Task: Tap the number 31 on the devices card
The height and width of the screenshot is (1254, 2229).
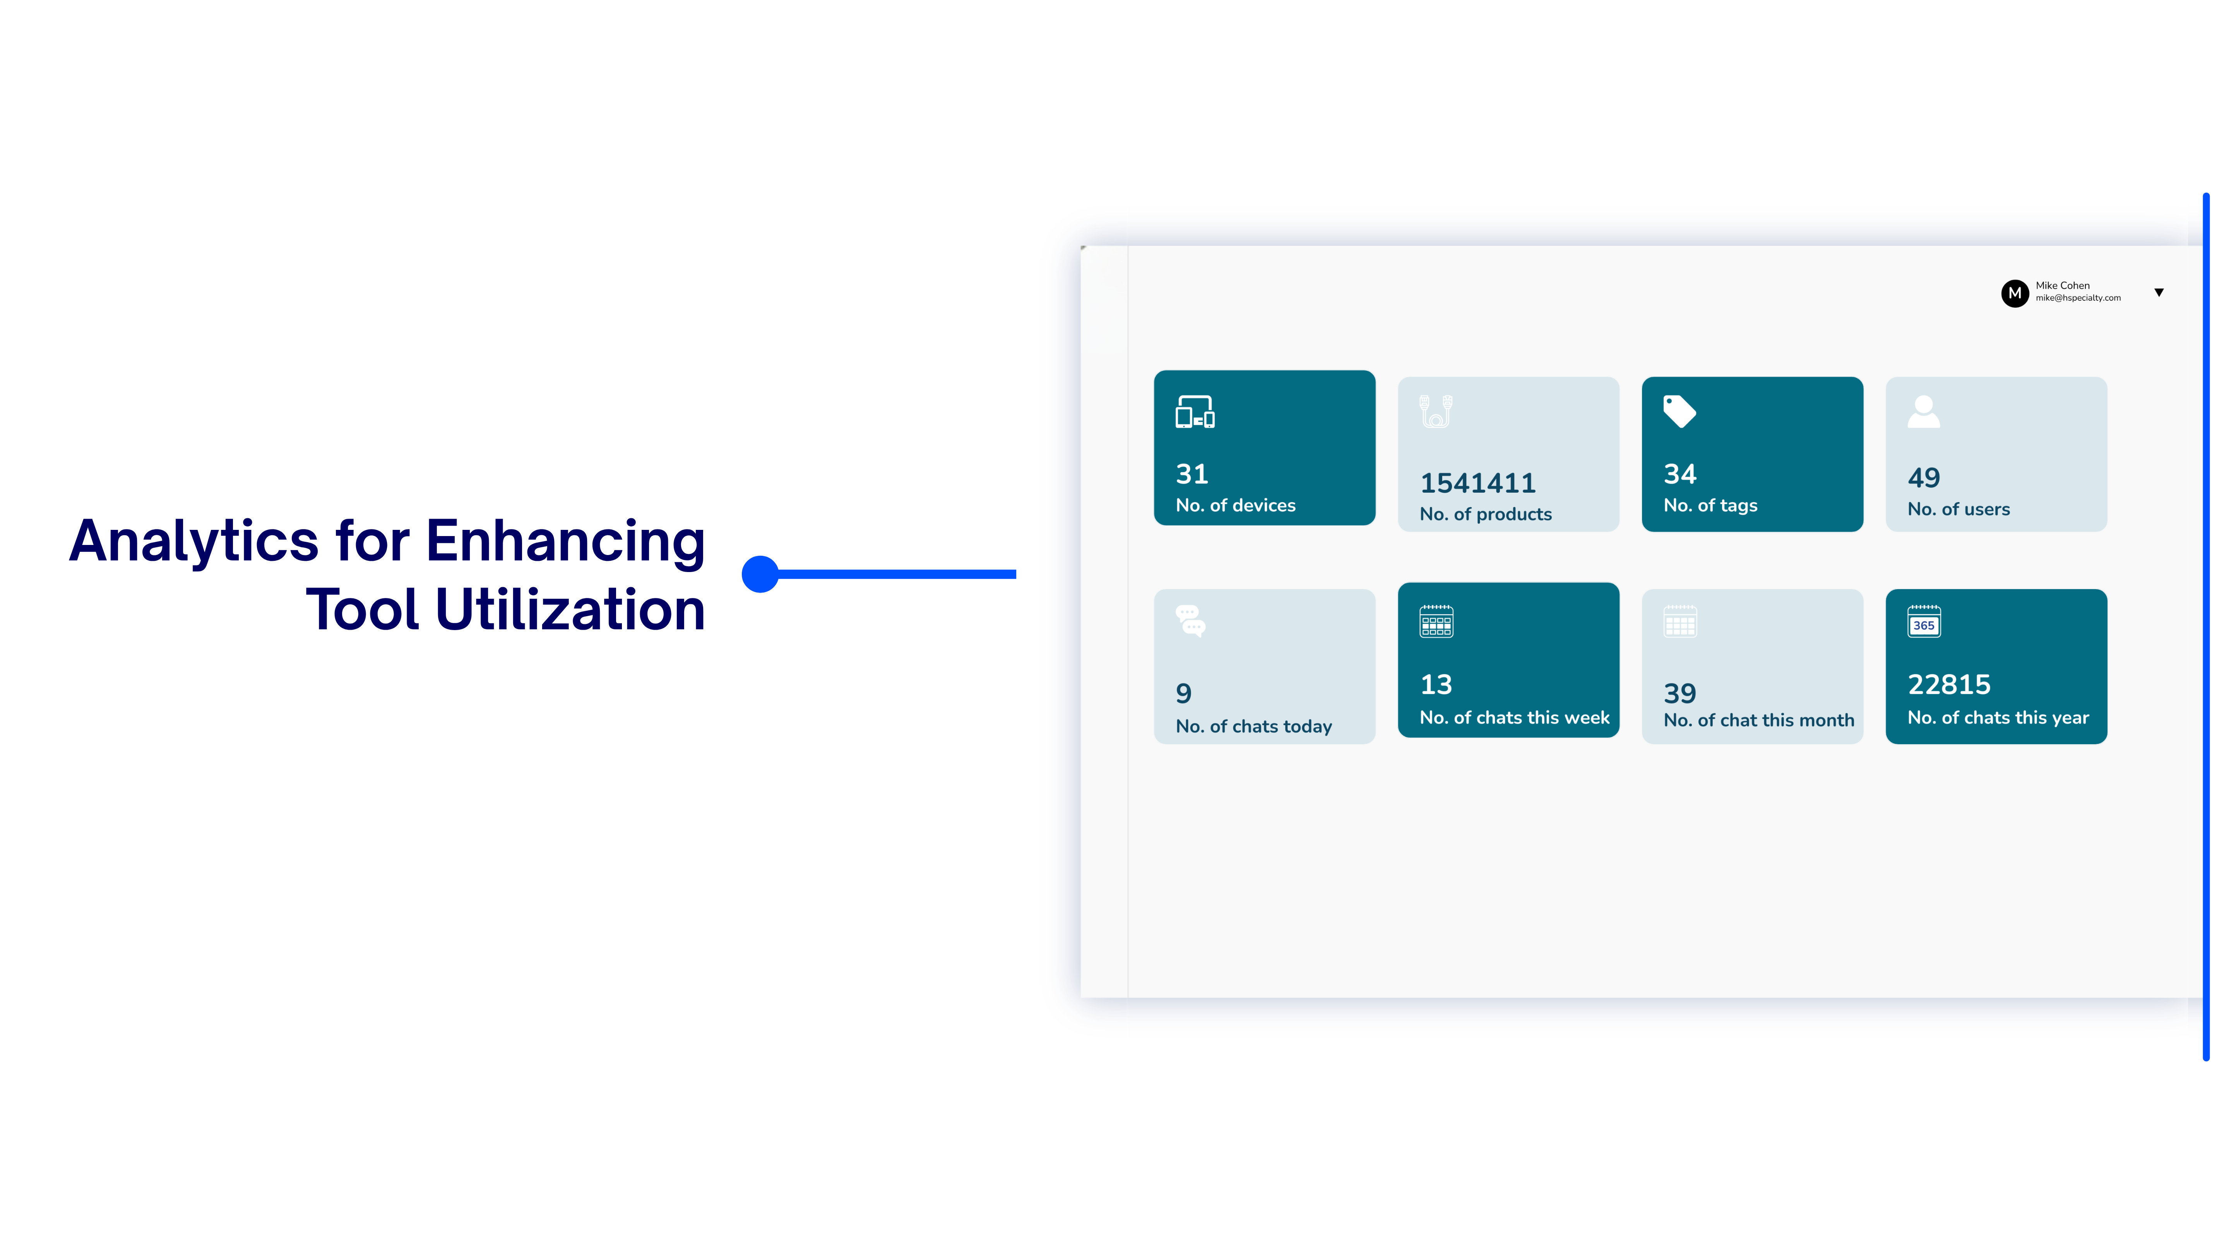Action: pyautogui.click(x=1192, y=474)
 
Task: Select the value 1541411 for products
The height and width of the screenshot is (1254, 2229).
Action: pyautogui.click(x=1477, y=483)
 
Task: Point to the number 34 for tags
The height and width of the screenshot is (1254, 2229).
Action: pyautogui.click(x=1679, y=474)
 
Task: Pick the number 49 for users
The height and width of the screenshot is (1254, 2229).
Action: pyautogui.click(x=1924, y=478)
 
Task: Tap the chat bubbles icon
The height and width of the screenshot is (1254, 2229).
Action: pyautogui.click(x=1191, y=620)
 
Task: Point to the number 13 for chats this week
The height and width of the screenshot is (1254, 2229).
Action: pyautogui.click(x=1436, y=685)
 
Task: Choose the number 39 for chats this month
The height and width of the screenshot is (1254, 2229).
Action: pyautogui.click(x=1679, y=693)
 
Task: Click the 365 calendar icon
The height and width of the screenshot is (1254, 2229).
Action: pyautogui.click(x=1924, y=621)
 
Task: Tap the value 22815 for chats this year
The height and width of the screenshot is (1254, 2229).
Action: pyautogui.click(x=1949, y=685)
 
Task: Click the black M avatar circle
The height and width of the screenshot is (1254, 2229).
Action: pyautogui.click(x=2014, y=293)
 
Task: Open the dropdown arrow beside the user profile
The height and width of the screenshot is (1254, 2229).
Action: pyautogui.click(x=2159, y=293)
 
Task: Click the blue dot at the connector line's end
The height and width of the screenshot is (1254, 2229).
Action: pyautogui.click(x=760, y=574)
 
